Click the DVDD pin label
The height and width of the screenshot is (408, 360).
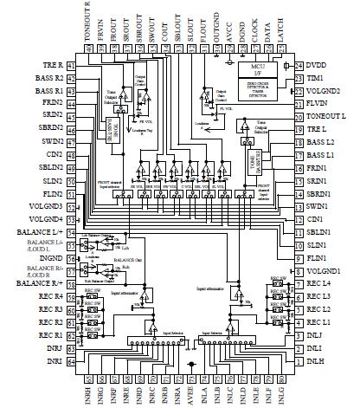pyautogui.click(x=327, y=66)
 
